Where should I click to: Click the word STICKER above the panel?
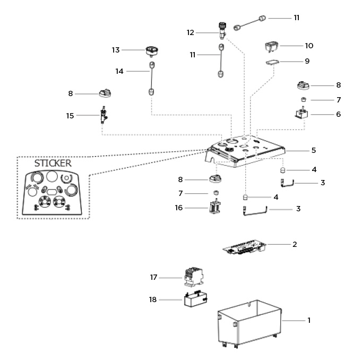53,163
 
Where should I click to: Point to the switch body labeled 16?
215,209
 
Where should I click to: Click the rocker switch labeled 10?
272,47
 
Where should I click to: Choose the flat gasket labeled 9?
272,63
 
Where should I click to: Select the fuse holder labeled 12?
222,30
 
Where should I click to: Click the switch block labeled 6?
301,114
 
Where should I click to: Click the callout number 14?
120,71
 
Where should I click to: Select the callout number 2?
295,244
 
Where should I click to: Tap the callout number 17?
154,277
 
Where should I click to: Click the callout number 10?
309,46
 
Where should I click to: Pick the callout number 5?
314,150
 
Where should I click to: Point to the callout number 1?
309,320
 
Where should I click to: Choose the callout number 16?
179,208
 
